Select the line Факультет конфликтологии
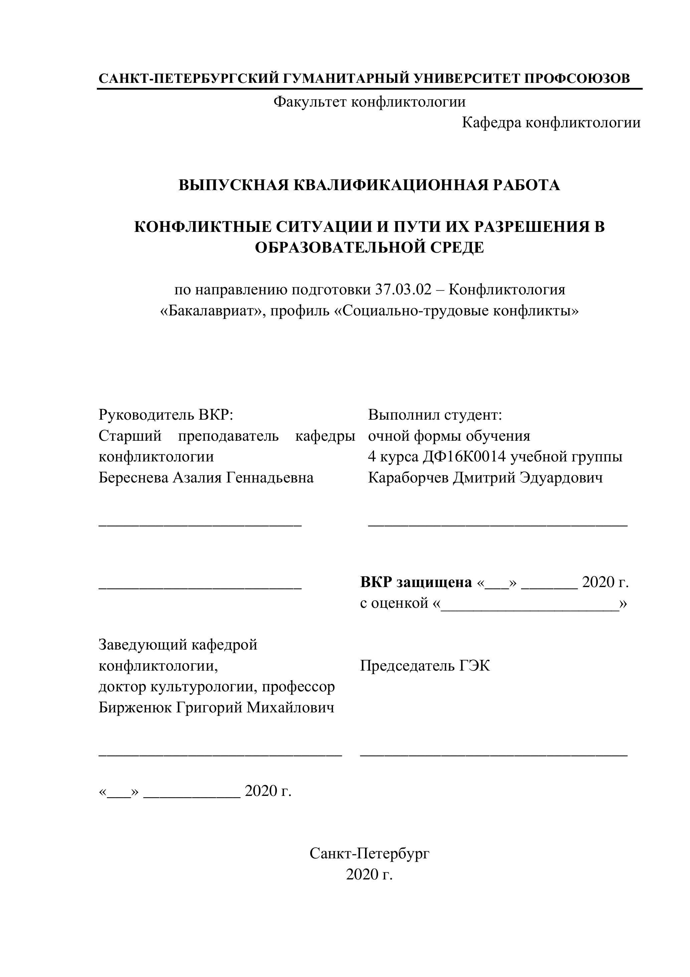369,102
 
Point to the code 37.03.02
403,290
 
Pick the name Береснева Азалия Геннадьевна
206,477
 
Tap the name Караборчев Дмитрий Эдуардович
485,477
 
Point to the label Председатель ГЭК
424,666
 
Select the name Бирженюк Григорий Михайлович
216,707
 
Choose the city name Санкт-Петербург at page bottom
369,853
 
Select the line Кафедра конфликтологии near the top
551,123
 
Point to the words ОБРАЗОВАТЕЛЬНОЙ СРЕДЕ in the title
369,248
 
